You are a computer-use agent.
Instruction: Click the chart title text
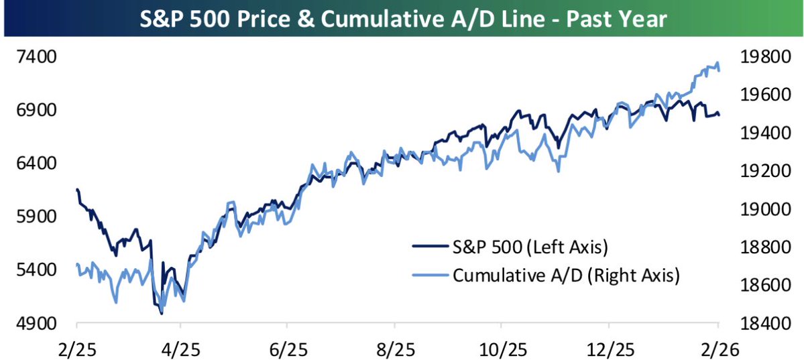[x=402, y=18]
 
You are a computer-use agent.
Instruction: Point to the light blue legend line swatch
[x=430, y=275]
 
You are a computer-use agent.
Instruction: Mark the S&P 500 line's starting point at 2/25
[x=77, y=190]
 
